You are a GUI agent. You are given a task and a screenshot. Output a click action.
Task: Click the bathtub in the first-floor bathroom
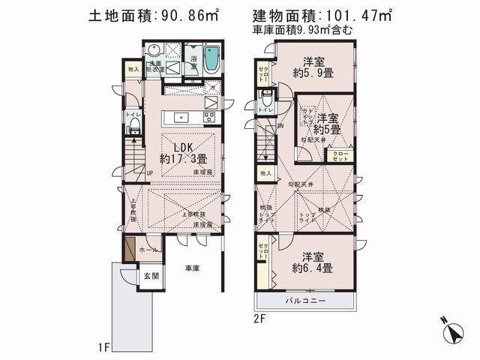point(211,58)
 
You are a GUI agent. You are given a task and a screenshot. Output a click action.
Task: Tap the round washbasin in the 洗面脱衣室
point(153,52)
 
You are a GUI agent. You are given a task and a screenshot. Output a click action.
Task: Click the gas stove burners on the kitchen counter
point(208,116)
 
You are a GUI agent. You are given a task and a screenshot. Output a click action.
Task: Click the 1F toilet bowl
point(133,129)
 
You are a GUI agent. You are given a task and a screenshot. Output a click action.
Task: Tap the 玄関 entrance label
point(151,276)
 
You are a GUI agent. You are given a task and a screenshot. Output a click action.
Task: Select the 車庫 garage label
point(192,268)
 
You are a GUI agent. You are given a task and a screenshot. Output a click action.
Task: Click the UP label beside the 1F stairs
point(150,174)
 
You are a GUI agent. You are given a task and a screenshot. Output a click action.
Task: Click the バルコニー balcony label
point(304,301)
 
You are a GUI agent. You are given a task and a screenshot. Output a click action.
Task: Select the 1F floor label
point(104,348)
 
